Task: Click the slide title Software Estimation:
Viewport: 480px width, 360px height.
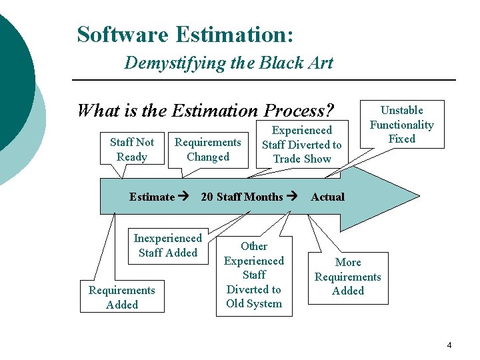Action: [185, 34]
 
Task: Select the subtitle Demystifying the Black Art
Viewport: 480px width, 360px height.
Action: [228, 63]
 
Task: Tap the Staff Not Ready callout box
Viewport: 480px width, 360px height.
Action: [131, 149]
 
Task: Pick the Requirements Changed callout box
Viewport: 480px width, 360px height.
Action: [207, 149]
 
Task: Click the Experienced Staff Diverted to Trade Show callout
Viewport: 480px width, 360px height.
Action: [301, 144]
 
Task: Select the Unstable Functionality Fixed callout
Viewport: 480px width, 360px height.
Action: [401, 125]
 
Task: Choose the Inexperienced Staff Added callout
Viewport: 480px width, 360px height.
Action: [167, 245]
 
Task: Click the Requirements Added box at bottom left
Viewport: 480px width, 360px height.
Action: [121, 297]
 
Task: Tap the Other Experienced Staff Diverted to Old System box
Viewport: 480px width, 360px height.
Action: [253, 275]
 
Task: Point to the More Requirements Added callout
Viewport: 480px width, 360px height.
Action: [347, 277]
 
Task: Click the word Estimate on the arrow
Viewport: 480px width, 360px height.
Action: [151, 197]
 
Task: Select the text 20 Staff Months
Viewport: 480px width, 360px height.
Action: [241, 197]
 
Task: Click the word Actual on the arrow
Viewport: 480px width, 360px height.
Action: [327, 197]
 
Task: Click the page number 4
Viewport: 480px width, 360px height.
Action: [449, 345]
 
